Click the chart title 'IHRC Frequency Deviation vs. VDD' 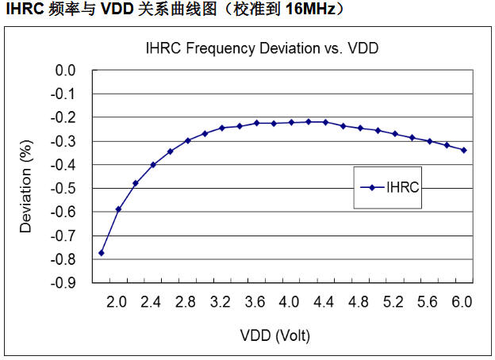[x=262, y=48]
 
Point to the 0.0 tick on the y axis [x=66, y=71]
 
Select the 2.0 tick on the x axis [x=117, y=302]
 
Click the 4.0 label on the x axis [x=290, y=302]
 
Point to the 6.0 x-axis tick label [x=462, y=302]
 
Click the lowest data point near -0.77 [x=102, y=252]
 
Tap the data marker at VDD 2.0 [x=118, y=209]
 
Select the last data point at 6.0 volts [x=464, y=150]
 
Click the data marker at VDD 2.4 [x=153, y=165]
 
